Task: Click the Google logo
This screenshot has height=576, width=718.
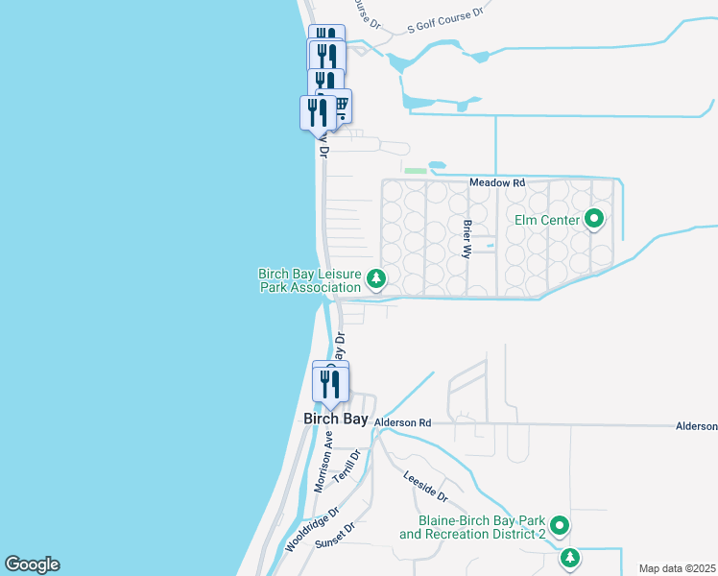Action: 32,564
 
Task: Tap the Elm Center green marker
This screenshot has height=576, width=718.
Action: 594,220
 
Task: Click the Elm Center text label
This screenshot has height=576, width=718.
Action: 547,221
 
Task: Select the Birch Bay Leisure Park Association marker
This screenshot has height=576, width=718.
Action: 377,279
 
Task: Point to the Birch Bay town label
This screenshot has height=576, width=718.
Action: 336,420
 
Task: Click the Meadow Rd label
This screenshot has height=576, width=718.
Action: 497,182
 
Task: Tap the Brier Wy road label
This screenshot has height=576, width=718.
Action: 467,238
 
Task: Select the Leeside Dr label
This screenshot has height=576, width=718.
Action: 425,487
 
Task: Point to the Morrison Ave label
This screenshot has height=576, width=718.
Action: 323,462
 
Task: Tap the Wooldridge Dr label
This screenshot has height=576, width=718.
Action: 312,530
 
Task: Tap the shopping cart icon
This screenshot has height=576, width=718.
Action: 339,104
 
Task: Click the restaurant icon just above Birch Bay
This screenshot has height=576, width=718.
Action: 330,384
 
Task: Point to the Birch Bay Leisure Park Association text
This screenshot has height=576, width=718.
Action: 309,280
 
